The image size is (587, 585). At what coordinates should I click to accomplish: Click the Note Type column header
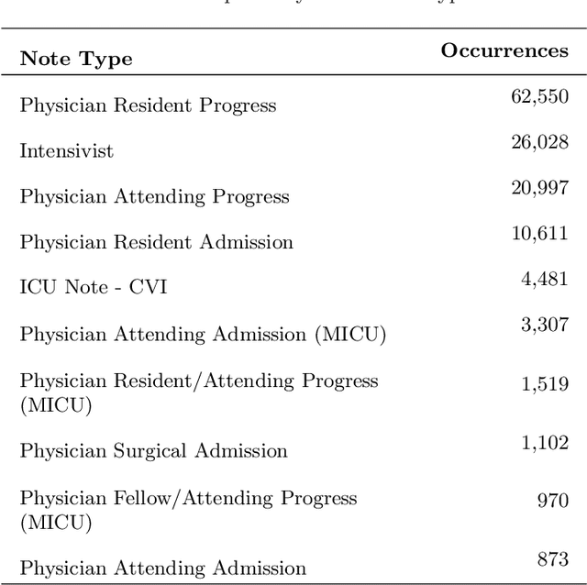pos(76,60)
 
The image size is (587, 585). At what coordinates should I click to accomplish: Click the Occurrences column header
pos(504,50)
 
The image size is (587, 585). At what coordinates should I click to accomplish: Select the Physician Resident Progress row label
pos(148,105)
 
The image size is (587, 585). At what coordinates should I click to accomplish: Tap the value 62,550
pos(539,96)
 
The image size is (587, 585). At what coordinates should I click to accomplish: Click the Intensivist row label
pos(67,151)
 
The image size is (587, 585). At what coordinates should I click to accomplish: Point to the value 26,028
pos(539,142)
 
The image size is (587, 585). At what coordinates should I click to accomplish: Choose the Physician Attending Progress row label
pos(154,197)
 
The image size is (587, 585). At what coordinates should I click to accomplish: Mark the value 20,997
pos(539,188)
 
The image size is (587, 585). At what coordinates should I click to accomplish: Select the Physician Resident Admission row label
pos(157,243)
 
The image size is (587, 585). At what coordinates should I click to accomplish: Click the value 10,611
pos(539,234)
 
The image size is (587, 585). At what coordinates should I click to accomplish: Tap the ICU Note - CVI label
pos(94,288)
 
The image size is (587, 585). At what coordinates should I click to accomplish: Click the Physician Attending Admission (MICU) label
pos(203,335)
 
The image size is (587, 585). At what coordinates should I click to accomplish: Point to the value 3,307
pos(545,326)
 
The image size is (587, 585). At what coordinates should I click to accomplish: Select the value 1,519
pos(545,385)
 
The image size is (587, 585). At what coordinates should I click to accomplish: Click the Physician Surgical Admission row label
pos(154,451)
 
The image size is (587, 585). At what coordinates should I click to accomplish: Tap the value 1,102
pos(545,443)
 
